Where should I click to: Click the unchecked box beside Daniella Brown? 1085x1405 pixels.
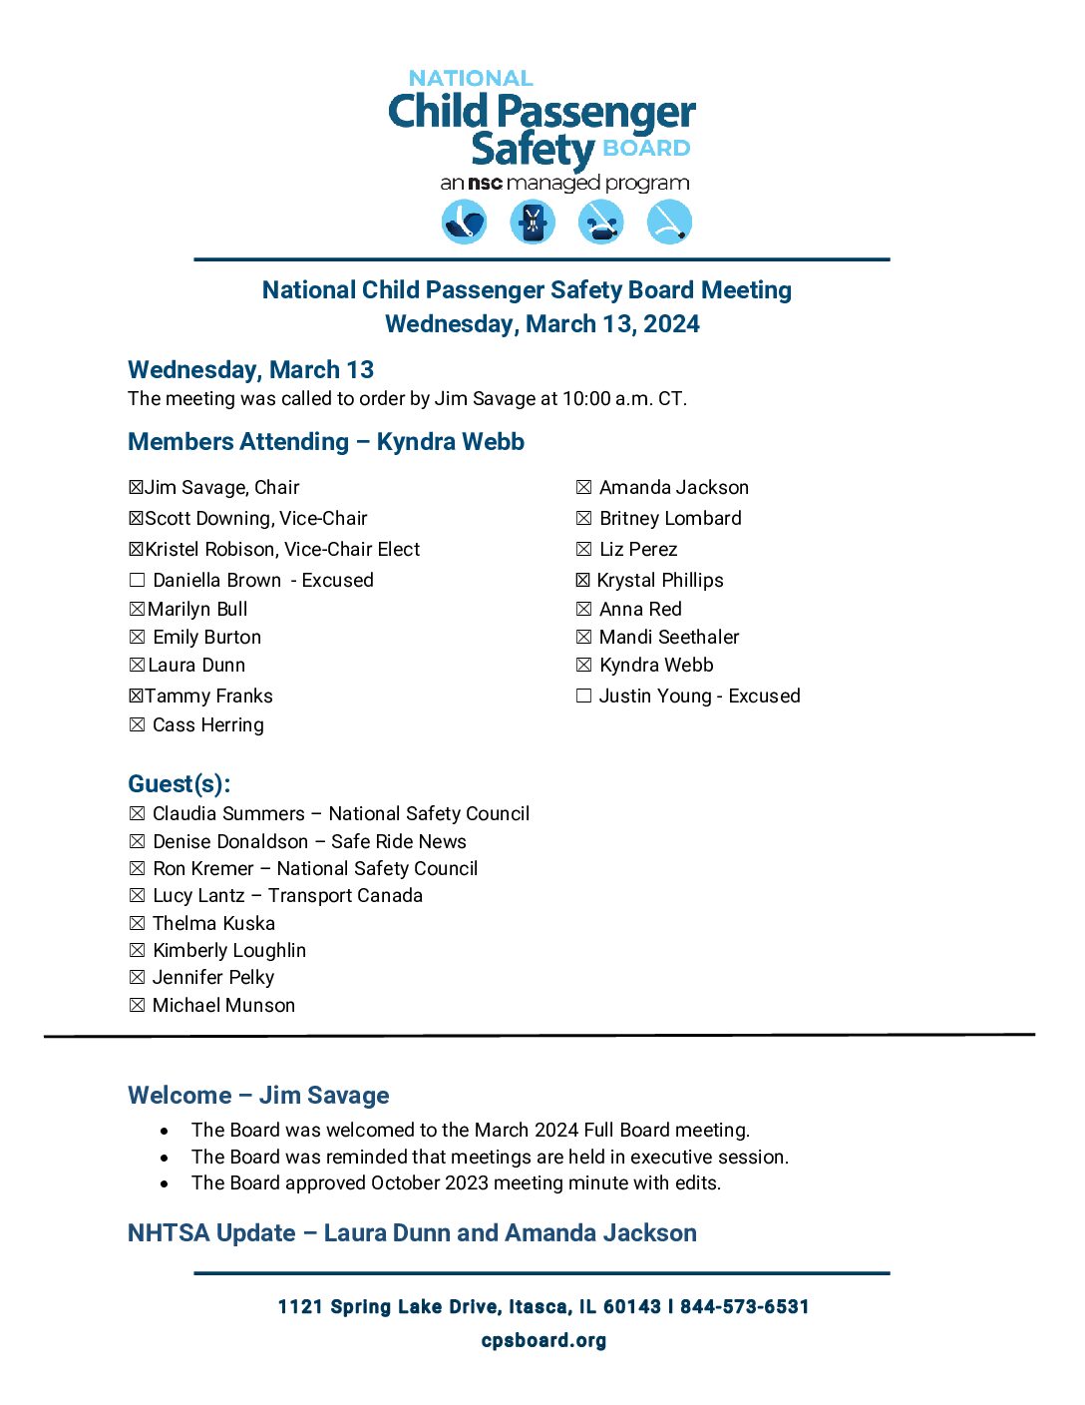137,580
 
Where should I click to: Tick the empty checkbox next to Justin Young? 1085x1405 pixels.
583,696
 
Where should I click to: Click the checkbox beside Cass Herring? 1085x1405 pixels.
137,724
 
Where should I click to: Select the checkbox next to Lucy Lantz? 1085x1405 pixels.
137,896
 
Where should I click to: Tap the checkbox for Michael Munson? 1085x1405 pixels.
137,1005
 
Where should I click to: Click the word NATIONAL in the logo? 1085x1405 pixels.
471,78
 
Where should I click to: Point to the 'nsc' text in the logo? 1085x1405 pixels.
485,184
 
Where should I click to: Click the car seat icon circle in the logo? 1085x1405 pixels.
464,222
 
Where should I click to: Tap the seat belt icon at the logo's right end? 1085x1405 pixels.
669,222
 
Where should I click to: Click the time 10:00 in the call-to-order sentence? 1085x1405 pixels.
586,399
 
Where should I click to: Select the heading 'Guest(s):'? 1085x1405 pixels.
180,783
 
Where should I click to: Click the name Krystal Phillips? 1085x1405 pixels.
660,580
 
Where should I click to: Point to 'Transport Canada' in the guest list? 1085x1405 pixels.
345,896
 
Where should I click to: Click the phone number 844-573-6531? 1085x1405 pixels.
744,1307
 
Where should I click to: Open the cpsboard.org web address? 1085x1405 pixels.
543,1340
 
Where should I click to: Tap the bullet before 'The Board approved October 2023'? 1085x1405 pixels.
165,1184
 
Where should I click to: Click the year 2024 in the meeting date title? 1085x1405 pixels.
671,324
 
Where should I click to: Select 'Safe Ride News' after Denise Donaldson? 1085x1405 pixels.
399,841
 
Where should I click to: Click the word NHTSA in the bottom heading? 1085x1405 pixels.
164,1233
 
